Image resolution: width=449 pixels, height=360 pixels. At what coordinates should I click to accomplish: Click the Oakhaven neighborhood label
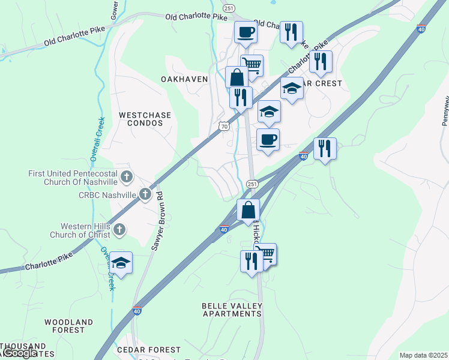pyautogui.click(x=184, y=79)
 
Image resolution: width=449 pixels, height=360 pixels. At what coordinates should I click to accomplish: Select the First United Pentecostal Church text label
pyautogui.click(x=73, y=178)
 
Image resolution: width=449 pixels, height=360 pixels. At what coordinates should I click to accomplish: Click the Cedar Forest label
pyautogui.click(x=149, y=350)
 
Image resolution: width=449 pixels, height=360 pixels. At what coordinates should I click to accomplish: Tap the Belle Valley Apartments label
pyautogui.click(x=232, y=310)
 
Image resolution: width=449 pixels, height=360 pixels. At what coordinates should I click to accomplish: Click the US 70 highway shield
pyautogui.click(x=224, y=127)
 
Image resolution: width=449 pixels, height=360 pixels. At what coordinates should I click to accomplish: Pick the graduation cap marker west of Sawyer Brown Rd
pyautogui.click(x=121, y=263)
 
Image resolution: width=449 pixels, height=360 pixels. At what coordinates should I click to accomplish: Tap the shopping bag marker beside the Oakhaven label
pyautogui.click(x=237, y=77)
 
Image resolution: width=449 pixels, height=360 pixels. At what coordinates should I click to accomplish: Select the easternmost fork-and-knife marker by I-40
pyautogui.click(x=325, y=148)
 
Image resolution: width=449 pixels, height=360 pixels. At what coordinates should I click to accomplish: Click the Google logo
pyautogui.click(x=19, y=353)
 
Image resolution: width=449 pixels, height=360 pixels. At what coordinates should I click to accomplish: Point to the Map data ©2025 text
pyautogui.click(x=423, y=355)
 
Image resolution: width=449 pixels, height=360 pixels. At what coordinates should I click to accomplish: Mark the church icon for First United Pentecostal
pyautogui.click(x=126, y=176)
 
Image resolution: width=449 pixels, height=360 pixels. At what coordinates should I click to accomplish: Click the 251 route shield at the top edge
pyautogui.click(x=229, y=8)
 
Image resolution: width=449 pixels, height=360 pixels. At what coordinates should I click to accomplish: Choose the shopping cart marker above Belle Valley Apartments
pyautogui.click(x=265, y=254)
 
